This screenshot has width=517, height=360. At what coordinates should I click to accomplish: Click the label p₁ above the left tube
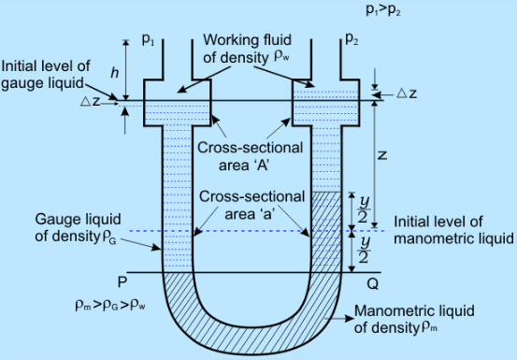click(x=148, y=40)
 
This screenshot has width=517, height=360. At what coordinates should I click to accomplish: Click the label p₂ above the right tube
click(x=351, y=40)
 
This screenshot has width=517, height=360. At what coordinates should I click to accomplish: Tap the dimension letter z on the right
click(x=382, y=157)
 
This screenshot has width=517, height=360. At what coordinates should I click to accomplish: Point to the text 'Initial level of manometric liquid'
click(x=452, y=231)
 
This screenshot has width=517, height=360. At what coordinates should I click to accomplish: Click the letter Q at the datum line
click(x=373, y=280)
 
